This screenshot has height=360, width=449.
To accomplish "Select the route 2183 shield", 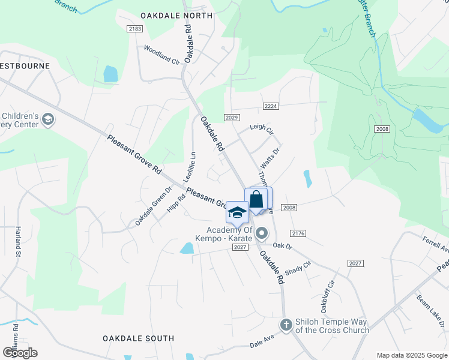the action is click(x=134, y=29).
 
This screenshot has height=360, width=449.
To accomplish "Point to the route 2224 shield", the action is click(x=271, y=106).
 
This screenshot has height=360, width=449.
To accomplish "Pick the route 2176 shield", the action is click(x=298, y=233).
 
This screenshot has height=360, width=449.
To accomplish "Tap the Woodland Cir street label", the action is click(x=161, y=54).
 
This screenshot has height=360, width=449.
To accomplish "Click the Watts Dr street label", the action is click(x=270, y=157).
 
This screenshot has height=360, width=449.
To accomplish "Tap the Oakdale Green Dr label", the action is click(x=153, y=205).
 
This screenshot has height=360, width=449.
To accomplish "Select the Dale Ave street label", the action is click(x=262, y=343).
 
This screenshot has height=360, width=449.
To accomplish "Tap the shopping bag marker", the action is click(x=256, y=199).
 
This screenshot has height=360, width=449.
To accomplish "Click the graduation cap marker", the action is click(x=237, y=213).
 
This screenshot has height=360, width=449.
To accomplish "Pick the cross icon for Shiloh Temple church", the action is click(x=286, y=324).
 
